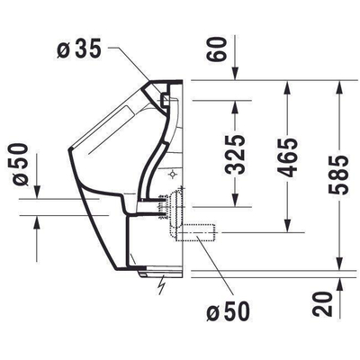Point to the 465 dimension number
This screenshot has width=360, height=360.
[287, 161]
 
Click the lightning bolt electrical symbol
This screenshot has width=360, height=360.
[161, 287]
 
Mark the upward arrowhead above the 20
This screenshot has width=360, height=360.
[338, 282]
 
